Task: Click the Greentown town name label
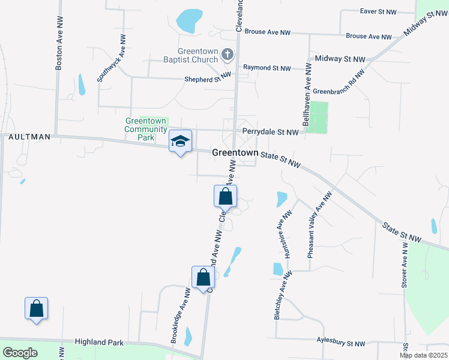[x=234, y=153]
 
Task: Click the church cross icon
[x=227, y=55]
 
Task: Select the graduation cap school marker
[x=180, y=142]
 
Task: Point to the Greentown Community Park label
[x=146, y=128]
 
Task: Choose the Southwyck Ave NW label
[x=112, y=58]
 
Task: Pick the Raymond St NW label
[x=267, y=68]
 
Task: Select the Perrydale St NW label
[x=270, y=131]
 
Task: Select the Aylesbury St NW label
[x=340, y=343]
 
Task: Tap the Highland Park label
[x=99, y=342]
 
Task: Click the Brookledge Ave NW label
[x=180, y=316]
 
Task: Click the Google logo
[x=20, y=353]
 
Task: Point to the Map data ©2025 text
[x=423, y=355]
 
